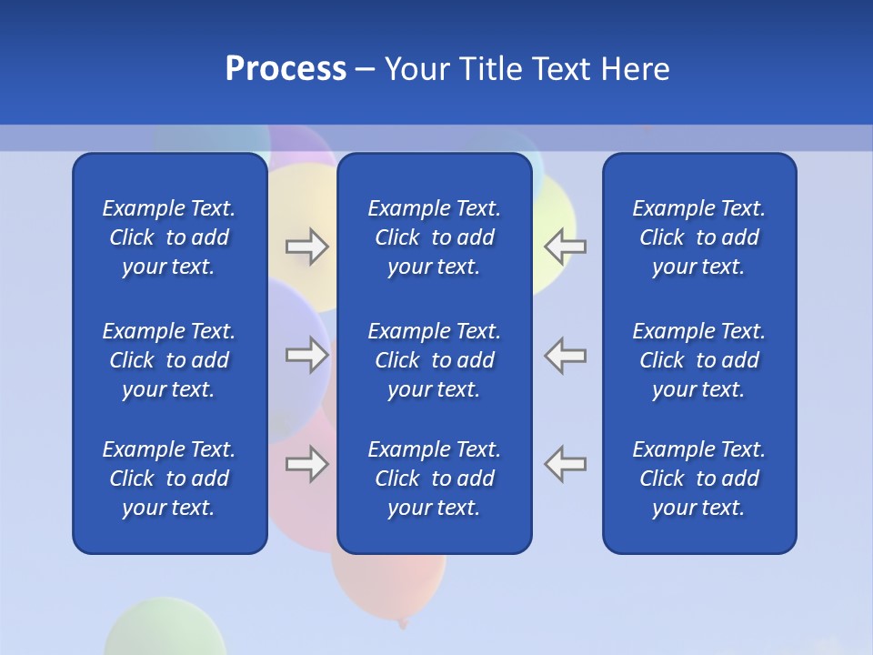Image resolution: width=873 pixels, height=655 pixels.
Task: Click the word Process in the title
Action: click(x=286, y=69)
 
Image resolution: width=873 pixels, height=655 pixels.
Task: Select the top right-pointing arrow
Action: click(x=306, y=247)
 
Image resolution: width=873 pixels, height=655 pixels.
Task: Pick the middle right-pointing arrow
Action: click(x=306, y=355)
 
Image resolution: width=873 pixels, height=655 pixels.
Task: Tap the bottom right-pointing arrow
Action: click(x=306, y=464)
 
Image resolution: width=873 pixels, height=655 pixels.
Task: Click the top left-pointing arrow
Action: click(x=565, y=246)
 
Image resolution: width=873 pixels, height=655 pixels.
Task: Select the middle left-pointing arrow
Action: click(x=565, y=354)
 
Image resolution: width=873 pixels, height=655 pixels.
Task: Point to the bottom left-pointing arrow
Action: click(x=565, y=463)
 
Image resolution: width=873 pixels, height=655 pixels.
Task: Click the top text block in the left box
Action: click(x=169, y=237)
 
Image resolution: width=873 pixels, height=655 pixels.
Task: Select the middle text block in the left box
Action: click(x=169, y=360)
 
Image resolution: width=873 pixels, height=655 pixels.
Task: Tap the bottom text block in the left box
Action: click(x=169, y=479)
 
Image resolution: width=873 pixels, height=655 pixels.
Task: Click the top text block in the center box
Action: click(x=435, y=237)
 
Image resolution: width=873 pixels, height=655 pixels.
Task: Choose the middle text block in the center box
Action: click(x=435, y=360)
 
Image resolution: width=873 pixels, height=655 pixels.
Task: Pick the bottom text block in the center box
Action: click(x=435, y=479)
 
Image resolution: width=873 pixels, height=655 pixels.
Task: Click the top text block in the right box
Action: click(x=699, y=237)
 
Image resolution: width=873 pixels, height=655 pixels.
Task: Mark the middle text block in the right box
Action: click(x=699, y=360)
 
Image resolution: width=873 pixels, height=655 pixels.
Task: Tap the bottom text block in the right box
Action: click(x=699, y=479)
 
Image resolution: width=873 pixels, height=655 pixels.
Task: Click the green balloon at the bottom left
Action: click(x=164, y=630)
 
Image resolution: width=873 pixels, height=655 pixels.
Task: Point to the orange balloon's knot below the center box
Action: click(x=402, y=623)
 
